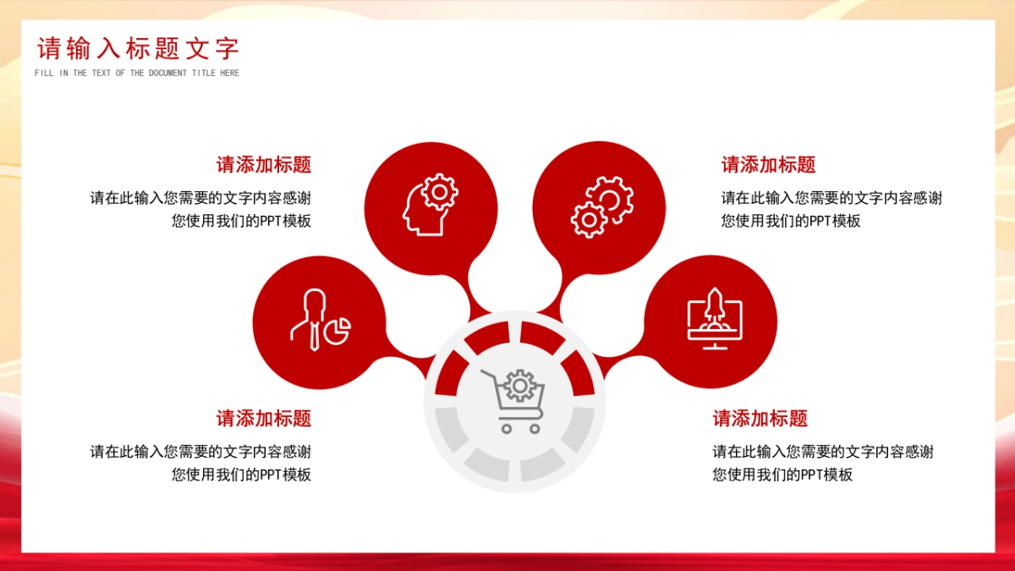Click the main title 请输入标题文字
click(x=138, y=48)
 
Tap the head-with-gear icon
click(x=430, y=205)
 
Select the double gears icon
click(x=602, y=207)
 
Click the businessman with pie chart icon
click(x=321, y=320)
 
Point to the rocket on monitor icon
click(x=715, y=319)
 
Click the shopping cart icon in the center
click(x=513, y=402)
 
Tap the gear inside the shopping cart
click(x=519, y=386)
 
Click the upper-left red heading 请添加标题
click(x=264, y=164)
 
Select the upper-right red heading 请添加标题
click(x=769, y=164)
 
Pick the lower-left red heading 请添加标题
click(x=264, y=418)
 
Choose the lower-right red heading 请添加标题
click(x=760, y=418)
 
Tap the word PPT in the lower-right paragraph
click(x=811, y=475)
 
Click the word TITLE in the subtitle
click(x=204, y=73)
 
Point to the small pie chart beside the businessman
click(x=337, y=331)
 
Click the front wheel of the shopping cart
click(x=535, y=429)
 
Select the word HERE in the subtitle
click(x=230, y=73)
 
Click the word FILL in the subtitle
click(x=44, y=73)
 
